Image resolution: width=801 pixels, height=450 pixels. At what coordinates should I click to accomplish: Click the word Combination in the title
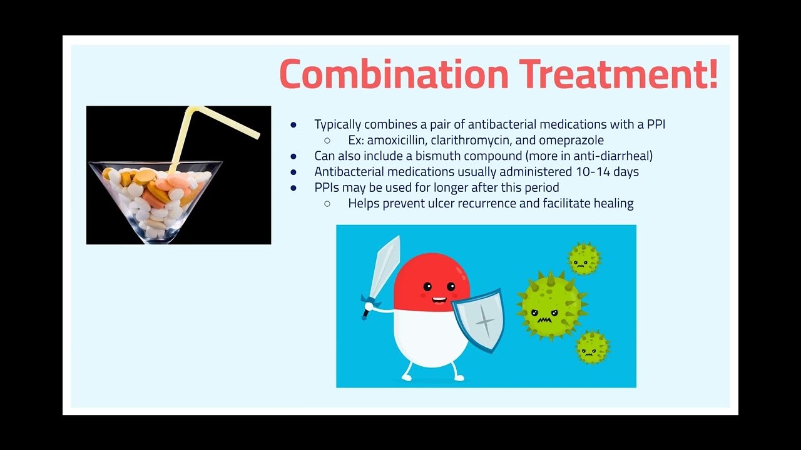coord(394,74)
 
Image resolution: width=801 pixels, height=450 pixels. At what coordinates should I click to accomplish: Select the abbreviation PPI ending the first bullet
coord(656,124)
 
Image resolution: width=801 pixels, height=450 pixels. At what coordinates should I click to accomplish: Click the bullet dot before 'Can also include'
coord(293,156)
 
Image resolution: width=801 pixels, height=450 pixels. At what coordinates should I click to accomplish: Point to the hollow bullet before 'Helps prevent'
coord(327,204)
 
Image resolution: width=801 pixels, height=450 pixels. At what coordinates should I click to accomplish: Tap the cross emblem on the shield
coord(485,321)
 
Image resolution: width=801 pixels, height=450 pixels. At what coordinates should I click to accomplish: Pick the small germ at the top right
coord(584,259)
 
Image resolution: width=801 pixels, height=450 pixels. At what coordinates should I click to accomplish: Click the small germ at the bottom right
coord(592,347)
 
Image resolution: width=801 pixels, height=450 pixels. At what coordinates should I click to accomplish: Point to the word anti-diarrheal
coord(611,156)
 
